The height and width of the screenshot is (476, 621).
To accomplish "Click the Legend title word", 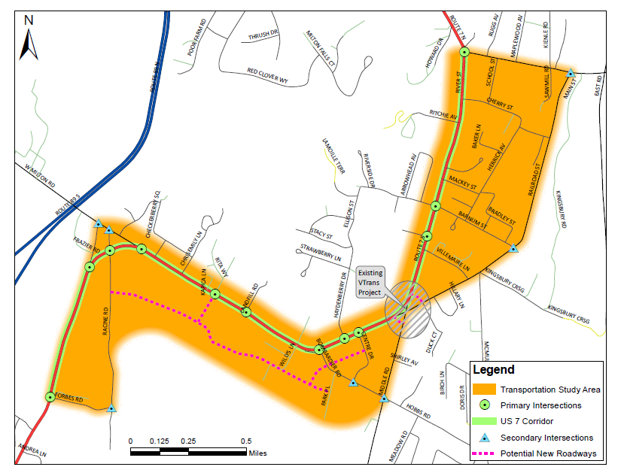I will (494, 369).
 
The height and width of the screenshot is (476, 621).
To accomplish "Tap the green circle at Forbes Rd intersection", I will (50, 396).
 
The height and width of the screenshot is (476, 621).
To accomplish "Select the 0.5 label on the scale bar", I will (246, 441).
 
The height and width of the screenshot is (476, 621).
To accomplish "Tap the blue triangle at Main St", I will (571, 74).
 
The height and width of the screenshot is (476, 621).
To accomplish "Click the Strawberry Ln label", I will (321, 246).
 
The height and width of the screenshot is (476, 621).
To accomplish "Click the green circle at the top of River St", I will (464, 52).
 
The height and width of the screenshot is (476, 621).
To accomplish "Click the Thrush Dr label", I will (264, 35).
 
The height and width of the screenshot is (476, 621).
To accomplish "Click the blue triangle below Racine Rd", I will (111, 408).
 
